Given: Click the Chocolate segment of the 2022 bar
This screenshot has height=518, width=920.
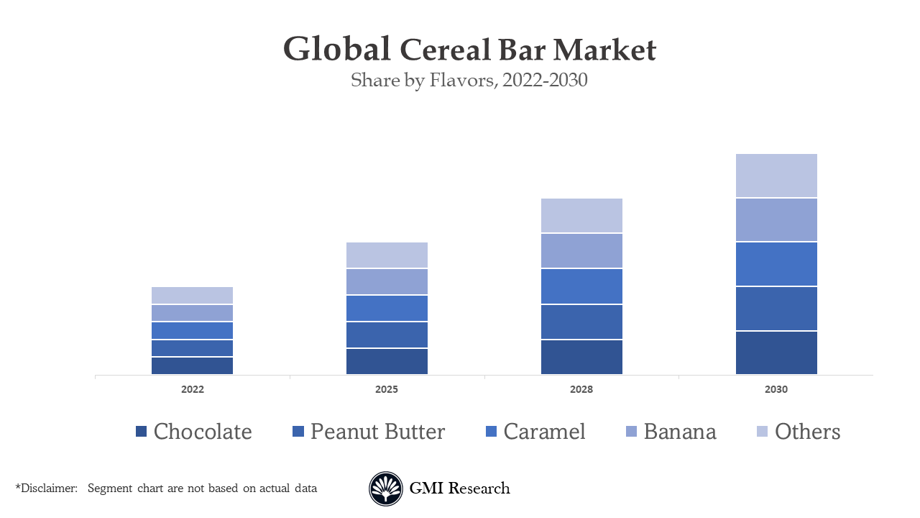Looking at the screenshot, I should [192, 365].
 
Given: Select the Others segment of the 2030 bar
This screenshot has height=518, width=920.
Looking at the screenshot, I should [776, 176].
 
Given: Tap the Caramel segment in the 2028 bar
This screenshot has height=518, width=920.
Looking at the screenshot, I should [581, 286].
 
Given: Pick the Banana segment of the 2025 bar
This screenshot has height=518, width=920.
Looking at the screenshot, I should [387, 281].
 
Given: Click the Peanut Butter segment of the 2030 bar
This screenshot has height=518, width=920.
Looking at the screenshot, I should [776, 309].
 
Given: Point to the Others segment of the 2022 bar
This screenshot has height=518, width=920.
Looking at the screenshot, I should [192, 295].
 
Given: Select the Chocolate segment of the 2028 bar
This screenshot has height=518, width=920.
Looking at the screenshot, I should [581, 357].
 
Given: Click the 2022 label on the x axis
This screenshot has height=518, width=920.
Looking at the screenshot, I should [192, 389].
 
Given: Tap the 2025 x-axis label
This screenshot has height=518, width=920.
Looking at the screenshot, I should [387, 389].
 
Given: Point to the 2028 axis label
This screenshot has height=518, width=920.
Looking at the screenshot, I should [581, 389].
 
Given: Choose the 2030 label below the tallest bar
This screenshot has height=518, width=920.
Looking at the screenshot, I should [776, 389].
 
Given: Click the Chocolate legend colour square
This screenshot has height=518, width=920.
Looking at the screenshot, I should [141, 432].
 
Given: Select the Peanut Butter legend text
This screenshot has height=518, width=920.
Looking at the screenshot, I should [377, 432].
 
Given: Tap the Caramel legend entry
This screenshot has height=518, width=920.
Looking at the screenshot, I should [544, 432].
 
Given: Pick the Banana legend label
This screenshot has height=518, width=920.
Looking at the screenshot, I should [680, 432].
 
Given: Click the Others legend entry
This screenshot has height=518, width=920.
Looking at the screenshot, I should [807, 432].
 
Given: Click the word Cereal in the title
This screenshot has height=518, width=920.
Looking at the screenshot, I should [446, 50].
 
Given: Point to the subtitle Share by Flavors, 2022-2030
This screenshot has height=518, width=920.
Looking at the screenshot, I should [469, 80].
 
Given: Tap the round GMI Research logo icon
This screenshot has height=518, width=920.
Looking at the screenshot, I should [386, 489].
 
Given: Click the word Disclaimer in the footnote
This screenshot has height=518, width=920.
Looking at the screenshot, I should [49, 489].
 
